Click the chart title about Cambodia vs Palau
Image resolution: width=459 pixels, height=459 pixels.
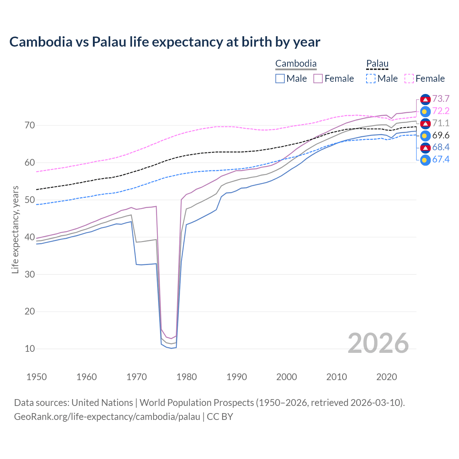pyautogui.click(x=165, y=42)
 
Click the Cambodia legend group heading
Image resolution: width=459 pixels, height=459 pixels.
pyautogui.click(x=296, y=64)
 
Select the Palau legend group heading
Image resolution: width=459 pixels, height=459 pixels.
pyautogui.click(x=377, y=64)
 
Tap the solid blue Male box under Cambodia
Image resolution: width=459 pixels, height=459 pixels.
pyautogui.click(x=280, y=79)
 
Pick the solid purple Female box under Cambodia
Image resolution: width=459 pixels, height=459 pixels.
pyautogui.click(x=318, y=79)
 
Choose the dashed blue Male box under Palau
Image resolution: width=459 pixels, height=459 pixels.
pyautogui.click(x=371, y=79)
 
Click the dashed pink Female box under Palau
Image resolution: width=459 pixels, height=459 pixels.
pyautogui.click(x=409, y=79)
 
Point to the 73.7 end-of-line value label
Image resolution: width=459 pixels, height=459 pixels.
pyautogui.click(x=441, y=99)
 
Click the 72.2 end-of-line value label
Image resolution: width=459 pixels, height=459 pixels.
pyautogui.click(x=441, y=111)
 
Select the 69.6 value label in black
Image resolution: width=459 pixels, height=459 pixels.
pyautogui.click(x=441, y=135)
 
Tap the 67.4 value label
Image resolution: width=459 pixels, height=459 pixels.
pyautogui.click(x=441, y=159)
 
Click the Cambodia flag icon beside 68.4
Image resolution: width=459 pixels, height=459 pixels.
pyautogui.click(x=425, y=147)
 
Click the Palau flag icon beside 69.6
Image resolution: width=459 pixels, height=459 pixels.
pyautogui.click(x=425, y=136)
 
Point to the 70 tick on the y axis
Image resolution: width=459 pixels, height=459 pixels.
pyautogui.click(x=30, y=125)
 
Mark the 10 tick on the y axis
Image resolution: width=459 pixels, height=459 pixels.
pyautogui.click(x=30, y=349)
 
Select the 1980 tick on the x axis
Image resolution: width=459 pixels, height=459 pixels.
pyautogui.click(x=186, y=377)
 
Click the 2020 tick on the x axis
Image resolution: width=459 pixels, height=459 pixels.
pyautogui.click(x=387, y=377)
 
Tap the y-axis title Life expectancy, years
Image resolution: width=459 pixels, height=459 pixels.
pyautogui.click(x=15, y=229)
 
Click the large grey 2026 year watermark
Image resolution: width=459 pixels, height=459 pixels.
pyautogui.click(x=378, y=343)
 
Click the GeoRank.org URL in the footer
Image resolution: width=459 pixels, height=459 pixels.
pyautogui.click(x=107, y=417)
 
